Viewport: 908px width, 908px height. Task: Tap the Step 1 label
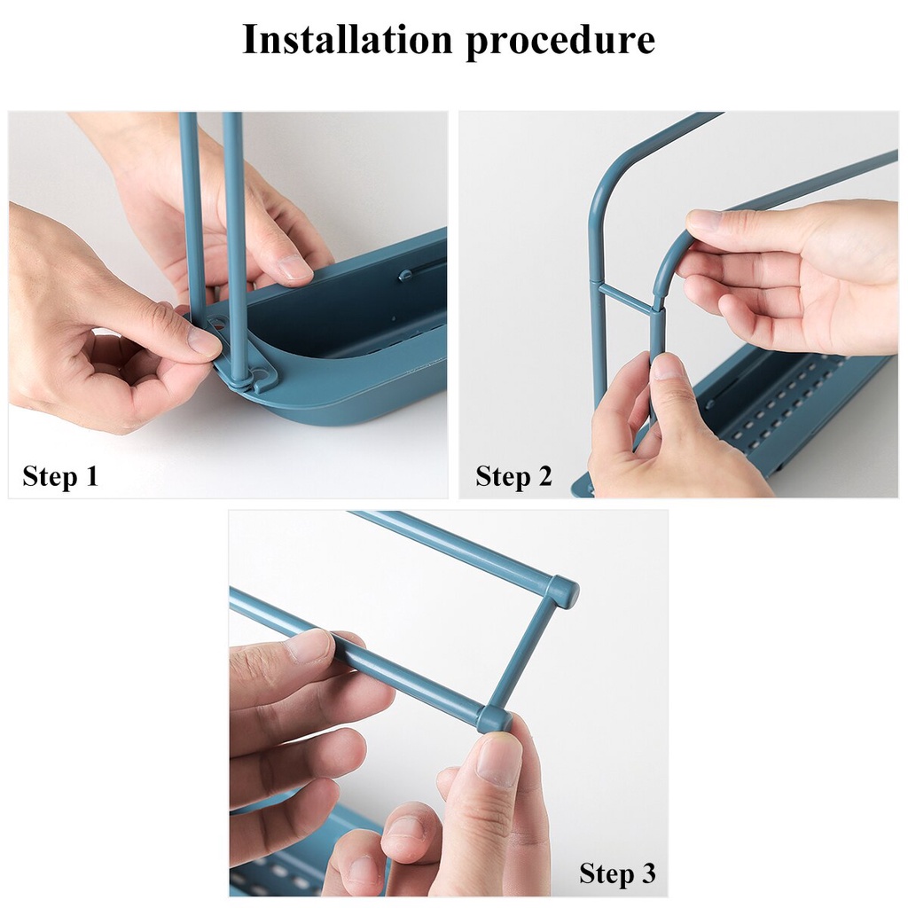click(59, 476)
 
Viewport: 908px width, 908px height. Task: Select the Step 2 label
click(513, 476)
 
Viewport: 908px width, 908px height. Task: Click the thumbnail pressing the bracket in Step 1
click(203, 341)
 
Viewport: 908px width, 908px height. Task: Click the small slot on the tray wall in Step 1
click(407, 274)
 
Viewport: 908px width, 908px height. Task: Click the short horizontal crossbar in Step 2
click(626, 299)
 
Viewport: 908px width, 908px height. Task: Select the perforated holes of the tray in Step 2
click(771, 399)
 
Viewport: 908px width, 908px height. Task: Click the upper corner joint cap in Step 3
click(561, 591)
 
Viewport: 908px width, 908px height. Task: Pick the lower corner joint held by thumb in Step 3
click(493, 717)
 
